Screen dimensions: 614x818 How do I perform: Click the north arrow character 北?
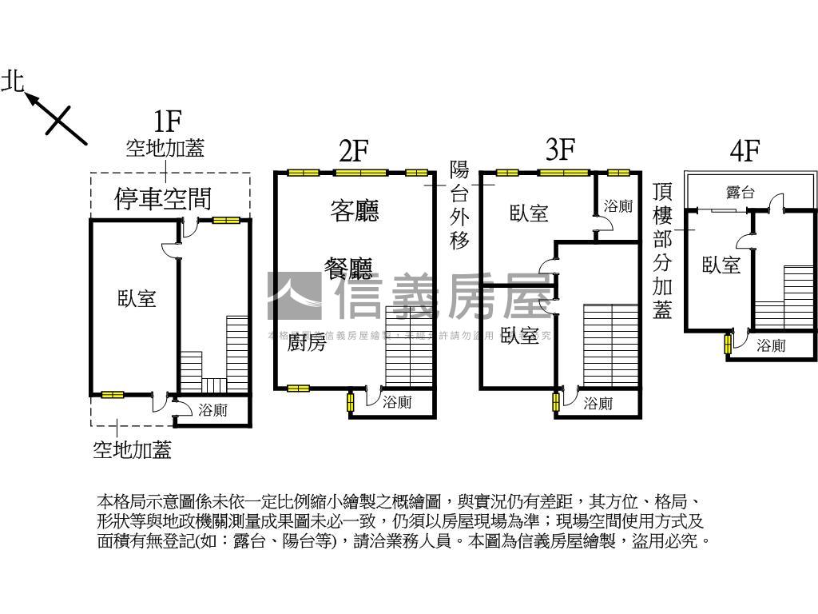14,81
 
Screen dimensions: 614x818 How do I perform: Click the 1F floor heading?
168,122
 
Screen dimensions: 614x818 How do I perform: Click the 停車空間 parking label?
164,199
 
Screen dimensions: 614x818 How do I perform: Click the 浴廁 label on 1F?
212,410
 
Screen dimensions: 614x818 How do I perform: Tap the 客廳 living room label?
354,210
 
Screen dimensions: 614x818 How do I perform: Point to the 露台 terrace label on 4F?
740,192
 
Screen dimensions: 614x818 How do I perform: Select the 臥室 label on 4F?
721,265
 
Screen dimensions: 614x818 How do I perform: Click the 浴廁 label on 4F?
771,345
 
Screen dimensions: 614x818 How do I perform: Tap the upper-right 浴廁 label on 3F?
617,206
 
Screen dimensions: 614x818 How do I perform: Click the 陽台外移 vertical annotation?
459,205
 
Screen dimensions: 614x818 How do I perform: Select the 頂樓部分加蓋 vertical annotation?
662,250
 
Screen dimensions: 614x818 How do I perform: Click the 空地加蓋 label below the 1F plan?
132,450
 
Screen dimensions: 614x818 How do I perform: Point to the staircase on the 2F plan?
409,345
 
